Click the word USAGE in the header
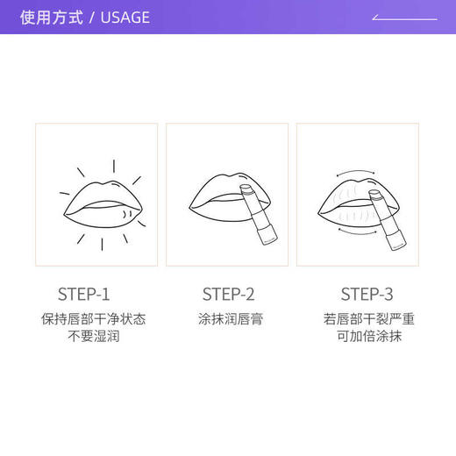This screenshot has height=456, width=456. click(125, 18)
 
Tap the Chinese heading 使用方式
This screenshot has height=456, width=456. click(53, 18)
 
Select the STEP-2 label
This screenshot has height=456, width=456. click(228, 294)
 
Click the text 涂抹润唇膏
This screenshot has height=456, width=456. click(228, 319)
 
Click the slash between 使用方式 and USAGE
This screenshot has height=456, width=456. click(92, 18)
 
